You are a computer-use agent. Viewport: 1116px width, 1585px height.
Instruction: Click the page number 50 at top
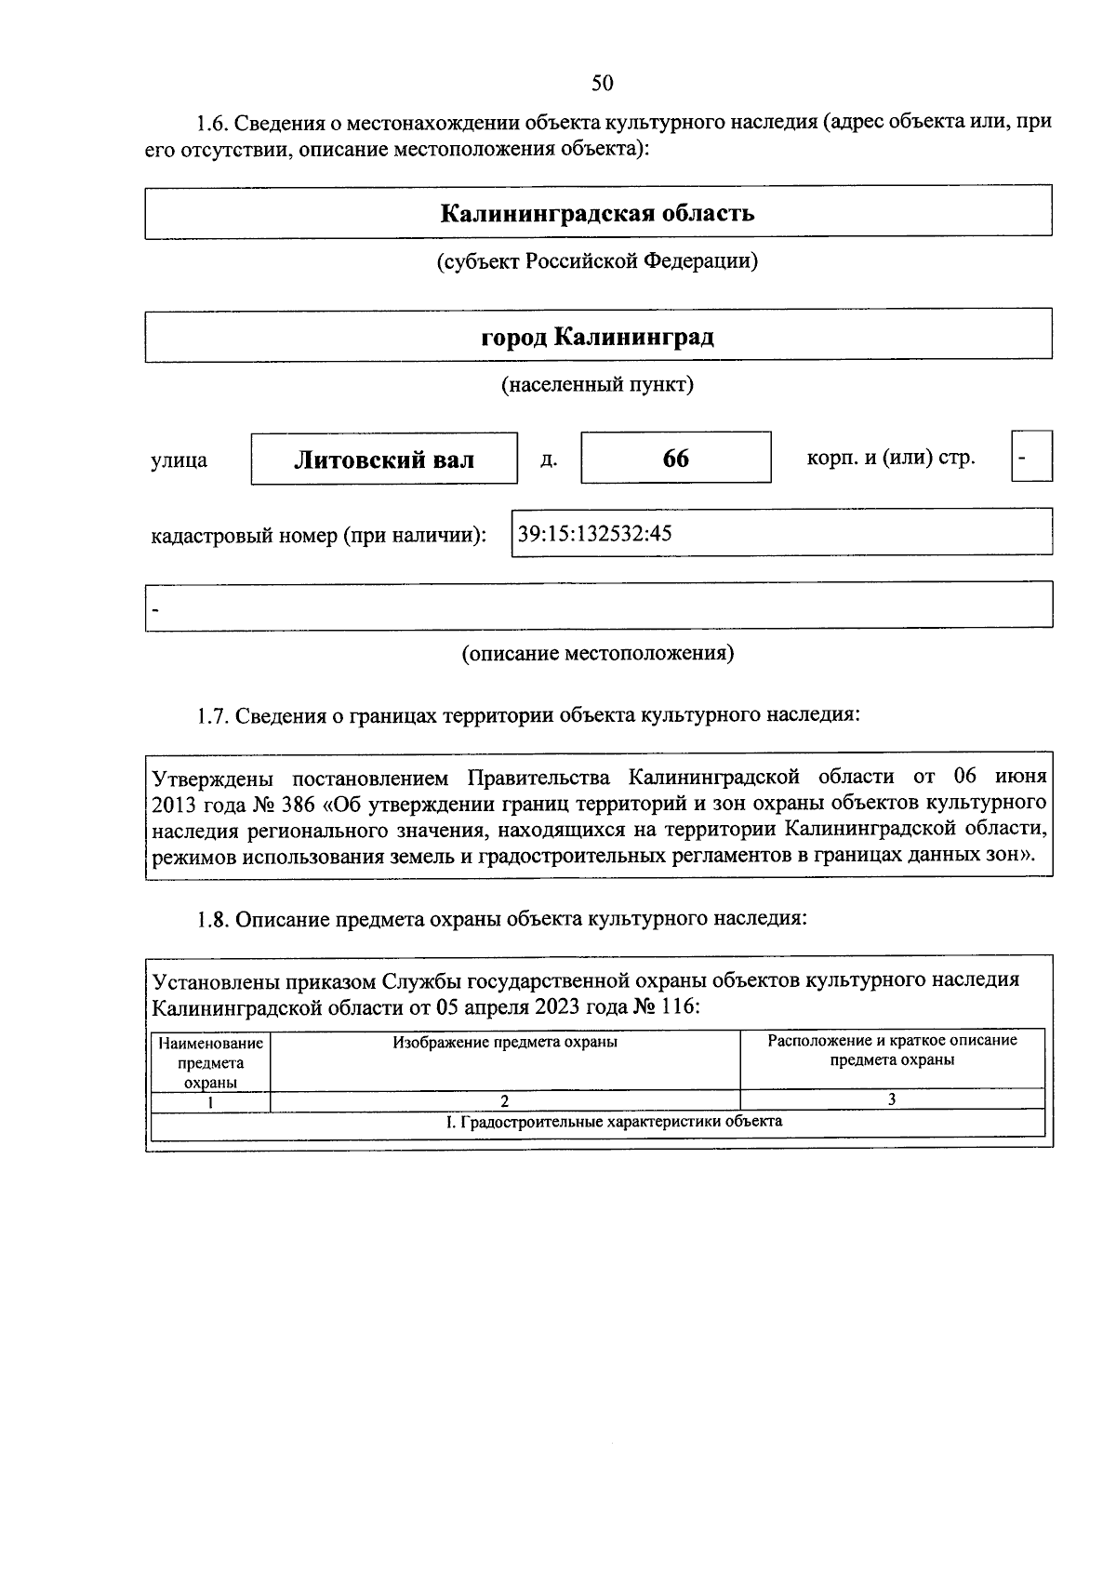pos(602,84)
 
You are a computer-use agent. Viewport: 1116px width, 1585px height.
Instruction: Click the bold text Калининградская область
pos(597,214)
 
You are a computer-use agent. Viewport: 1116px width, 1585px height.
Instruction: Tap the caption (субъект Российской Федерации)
pos(597,261)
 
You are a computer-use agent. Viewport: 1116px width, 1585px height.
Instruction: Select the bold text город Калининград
pos(597,336)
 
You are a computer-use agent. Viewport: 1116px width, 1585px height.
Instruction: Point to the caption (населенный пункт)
pos(597,384)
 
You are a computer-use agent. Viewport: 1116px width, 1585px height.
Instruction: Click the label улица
pos(179,460)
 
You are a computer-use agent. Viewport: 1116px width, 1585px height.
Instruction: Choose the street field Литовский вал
pos(384,460)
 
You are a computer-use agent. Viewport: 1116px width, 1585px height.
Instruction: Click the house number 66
pos(676,459)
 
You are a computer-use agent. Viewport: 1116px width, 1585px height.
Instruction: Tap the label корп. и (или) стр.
pos(891,458)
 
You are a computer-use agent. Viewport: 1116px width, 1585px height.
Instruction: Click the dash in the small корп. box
pos(1023,458)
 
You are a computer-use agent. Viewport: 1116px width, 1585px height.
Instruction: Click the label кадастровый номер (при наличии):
pos(319,536)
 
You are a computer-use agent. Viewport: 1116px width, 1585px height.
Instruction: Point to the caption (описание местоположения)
pos(597,653)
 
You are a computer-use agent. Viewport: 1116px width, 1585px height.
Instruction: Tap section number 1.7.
pos(212,715)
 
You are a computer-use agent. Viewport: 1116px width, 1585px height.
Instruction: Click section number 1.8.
pos(212,919)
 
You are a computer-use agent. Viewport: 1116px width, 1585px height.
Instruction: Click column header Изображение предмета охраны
pos(505,1043)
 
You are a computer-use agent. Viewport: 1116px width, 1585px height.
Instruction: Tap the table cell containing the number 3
pos(891,1099)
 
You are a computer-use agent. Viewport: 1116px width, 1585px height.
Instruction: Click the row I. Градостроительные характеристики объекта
pos(614,1122)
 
